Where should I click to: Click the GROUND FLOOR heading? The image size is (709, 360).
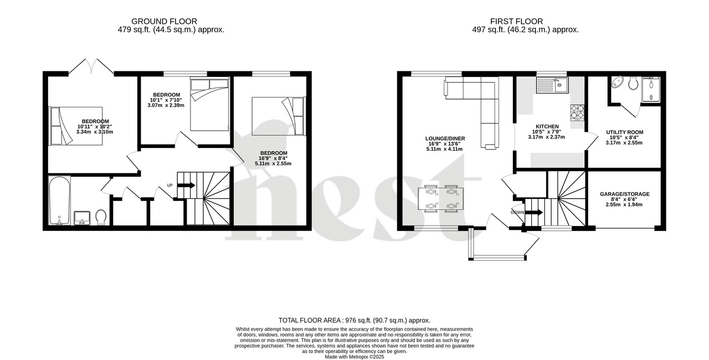[x=172, y=21]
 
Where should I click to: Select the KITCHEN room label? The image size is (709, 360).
[x=546, y=126]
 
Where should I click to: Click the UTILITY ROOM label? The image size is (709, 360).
[x=624, y=132]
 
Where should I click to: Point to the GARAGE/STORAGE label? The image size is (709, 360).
[x=624, y=194]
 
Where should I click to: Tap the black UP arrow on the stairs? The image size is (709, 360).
[x=187, y=185]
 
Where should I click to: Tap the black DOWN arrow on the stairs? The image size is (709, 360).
[x=534, y=212]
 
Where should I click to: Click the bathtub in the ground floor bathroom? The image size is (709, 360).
[x=59, y=200]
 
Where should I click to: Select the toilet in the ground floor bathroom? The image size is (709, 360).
[x=101, y=217]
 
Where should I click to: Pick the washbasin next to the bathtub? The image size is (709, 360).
[x=81, y=217]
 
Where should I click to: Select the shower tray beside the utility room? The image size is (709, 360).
[x=650, y=90]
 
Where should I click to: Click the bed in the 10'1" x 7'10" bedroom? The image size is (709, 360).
[x=209, y=104]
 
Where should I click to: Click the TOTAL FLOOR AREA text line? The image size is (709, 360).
[x=354, y=320]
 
